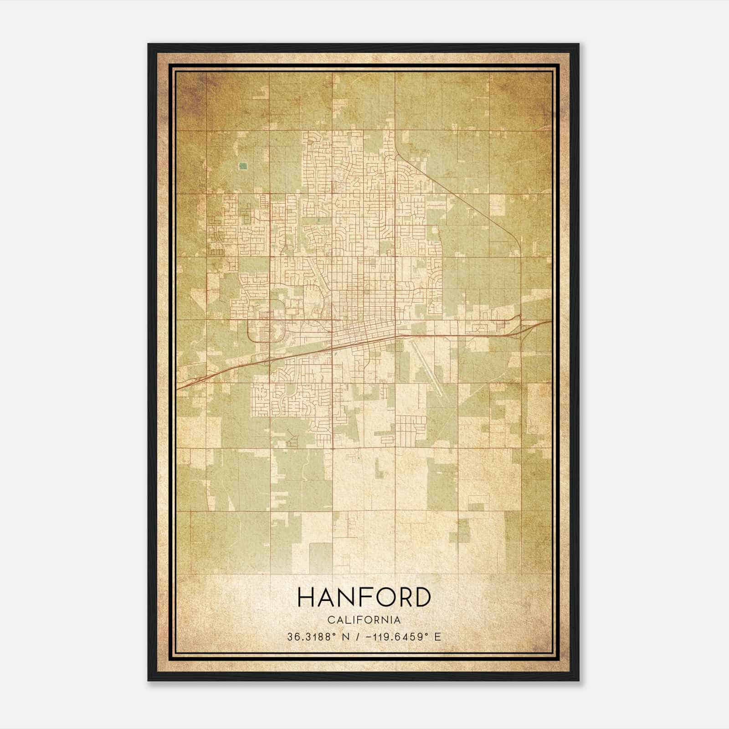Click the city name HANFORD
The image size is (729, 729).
[364, 597]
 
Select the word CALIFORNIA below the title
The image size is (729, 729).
[364, 620]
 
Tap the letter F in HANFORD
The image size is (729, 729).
[353, 597]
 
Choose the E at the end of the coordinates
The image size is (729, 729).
[437, 637]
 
